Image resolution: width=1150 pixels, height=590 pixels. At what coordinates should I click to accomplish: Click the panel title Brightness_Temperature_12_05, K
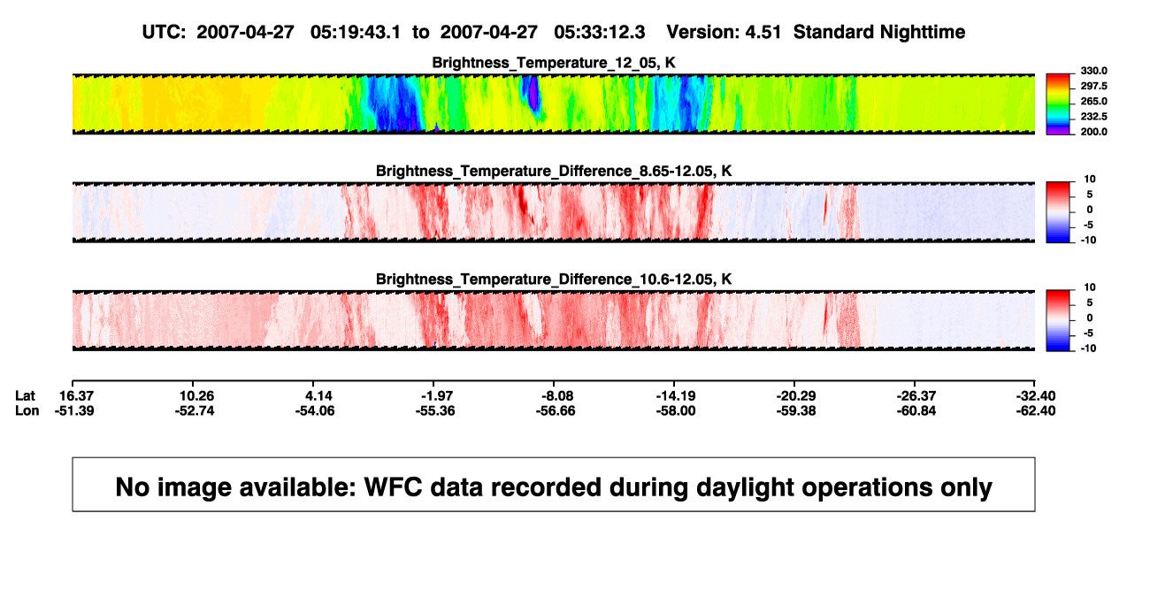pyautogui.click(x=554, y=63)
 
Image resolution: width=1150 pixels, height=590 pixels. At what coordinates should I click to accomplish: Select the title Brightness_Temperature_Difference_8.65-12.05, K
pyautogui.click(x=554, y=171)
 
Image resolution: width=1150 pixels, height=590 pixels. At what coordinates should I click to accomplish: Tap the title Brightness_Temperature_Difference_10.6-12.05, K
pyautogui.click(x=554, y=280)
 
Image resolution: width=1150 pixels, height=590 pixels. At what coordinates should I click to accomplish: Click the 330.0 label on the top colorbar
pyautogui.click(x=1093, y=71)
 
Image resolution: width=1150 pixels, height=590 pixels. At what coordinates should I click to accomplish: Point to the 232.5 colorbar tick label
pyautogui.click(x=1093, y=117)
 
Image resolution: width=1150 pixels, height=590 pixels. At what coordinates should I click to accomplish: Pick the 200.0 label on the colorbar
pyautogui.click(x=1093, y=132)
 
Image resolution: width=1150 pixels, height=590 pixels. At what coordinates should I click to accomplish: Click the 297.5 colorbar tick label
pyautogui.click(x=1093, y=87)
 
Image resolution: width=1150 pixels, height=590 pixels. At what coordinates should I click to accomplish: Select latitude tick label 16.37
pyautogui.click(x=76, y=396)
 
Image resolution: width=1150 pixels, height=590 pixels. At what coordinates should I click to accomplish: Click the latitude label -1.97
pyautogui.click(x=437, y=396)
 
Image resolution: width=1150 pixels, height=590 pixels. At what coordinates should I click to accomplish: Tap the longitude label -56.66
pyautogui.click(x=556, y=410)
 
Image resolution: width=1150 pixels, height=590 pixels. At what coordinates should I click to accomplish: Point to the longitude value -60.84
pyautogui.click(x=916, y=410)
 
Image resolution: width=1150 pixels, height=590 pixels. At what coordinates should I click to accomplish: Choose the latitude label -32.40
pyautogui.click(x=1036, y=396)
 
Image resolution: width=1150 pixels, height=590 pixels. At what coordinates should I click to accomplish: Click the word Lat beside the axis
pyautogui.click(x=25, y=396)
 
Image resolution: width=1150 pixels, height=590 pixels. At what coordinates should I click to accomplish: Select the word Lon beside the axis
pyautogui.click(x=27, y=410)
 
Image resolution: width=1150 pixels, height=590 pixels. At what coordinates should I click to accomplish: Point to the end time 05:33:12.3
pyautogui.click(x=599, y=33)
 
